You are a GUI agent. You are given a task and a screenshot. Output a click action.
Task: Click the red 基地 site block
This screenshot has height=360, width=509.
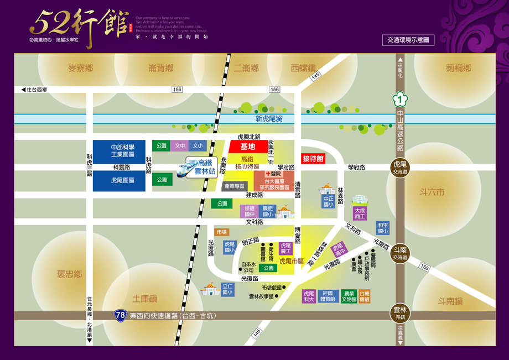tap(247, 147)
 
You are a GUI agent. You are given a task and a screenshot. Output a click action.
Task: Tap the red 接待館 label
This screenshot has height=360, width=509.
tap(313, 158)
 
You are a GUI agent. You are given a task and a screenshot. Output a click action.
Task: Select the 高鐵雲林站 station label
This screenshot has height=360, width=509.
tap(205, 167)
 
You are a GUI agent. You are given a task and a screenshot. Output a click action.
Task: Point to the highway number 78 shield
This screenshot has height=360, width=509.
tap(120, 315)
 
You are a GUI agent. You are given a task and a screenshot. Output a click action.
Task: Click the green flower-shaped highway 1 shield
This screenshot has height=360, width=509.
tap(399, 100)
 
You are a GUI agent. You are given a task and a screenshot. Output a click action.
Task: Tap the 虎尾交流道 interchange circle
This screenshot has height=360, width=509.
tap(399, 167)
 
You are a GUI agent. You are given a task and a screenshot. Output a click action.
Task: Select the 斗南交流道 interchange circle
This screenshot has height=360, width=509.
tap(399, 253)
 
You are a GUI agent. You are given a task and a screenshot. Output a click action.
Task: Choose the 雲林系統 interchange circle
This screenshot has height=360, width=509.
tap(399, 313)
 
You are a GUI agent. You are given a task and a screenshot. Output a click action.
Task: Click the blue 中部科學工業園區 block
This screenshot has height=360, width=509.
tap(119, 151)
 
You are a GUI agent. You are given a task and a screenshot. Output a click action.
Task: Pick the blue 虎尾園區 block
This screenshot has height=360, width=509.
tap(119, 180)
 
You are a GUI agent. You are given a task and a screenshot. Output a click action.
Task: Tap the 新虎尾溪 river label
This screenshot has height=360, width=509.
tap(269, 119)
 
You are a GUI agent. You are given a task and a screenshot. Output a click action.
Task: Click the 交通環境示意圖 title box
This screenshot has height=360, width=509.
tap(408, 40)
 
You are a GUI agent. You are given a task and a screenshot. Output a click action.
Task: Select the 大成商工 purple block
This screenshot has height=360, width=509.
tap(360, 213)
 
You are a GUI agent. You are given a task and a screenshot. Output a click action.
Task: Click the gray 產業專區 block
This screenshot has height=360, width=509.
tap(233, 186)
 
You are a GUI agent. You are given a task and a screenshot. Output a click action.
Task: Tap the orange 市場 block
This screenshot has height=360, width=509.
tap(222, 232)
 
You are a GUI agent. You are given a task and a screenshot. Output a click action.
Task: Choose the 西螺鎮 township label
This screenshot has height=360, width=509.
tap(303, 68)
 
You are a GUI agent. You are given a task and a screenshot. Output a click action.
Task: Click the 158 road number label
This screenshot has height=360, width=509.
tap(424, 267)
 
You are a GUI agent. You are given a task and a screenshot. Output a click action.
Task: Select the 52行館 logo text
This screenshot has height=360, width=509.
tap(77, 25)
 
